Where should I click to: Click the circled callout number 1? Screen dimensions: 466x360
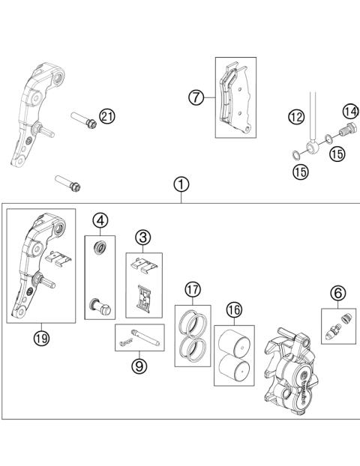[x=181, y=184]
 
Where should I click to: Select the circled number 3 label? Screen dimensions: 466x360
[x=143, y=237]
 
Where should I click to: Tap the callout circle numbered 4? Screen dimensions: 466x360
[x=100, y=220]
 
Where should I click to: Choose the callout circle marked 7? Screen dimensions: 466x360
[x=196, y=97]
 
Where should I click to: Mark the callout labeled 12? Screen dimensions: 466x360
[x=296, y=116]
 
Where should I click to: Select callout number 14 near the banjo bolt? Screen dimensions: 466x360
[x=349, y=112]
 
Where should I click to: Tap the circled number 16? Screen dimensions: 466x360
[x=234, y=309]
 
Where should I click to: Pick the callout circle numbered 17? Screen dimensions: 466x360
[x=193, y=289]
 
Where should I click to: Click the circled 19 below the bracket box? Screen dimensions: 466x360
[x=40, y=337]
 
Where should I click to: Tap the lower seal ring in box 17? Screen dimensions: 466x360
[x=193, y=348]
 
